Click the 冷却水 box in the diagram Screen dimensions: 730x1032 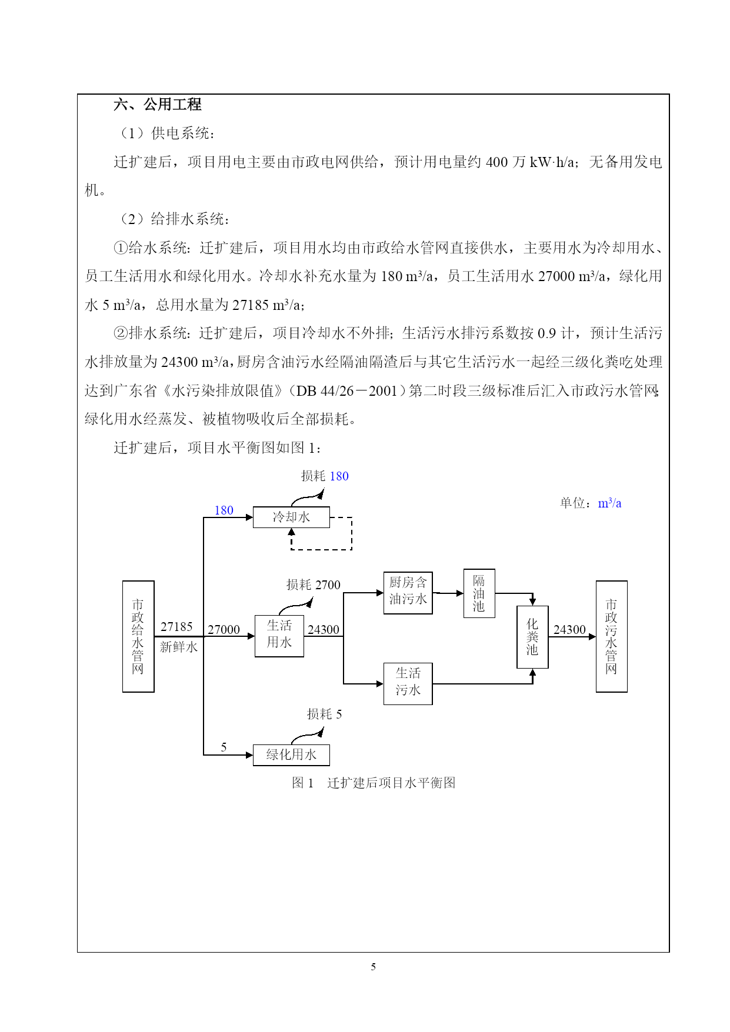click(291, 517)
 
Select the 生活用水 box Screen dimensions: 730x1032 click(279, 636)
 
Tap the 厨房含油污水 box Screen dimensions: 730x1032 click(408, 593)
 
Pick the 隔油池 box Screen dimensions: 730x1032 click(479, 593)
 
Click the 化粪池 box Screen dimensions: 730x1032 click(532, 637)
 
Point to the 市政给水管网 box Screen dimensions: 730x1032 click(138, 636)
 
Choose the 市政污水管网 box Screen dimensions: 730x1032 click(612, 636)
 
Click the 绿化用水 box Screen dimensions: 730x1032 click(291, 755)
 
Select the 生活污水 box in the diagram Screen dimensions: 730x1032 click(408, 684)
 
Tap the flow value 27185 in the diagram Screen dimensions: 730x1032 click(176, 627)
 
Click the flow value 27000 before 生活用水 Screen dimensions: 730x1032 click(224, 629)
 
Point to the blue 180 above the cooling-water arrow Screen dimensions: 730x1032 click(224, 510)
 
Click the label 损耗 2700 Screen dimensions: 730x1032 click(314, 585)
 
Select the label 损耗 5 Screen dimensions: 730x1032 click(324, 714)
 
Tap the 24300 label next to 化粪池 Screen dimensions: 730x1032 click(569, 629)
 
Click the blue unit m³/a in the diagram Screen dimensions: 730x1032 click(609, 503)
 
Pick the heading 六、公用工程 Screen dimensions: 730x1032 click(158, 105)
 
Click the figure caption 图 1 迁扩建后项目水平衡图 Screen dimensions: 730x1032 click(374, 783)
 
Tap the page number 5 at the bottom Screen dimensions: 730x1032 click(373, 967)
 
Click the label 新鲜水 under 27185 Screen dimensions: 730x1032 click(179, 647)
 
